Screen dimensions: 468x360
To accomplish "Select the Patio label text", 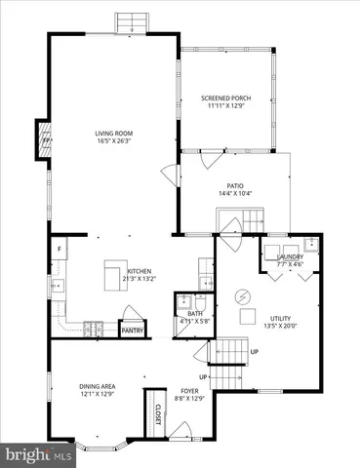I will (234, 186).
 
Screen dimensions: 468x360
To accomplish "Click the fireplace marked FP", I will (43, 138).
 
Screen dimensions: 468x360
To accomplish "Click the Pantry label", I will (132, 331).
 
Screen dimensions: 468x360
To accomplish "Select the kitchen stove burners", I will (94, 326).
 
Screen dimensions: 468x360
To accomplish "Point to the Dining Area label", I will (100, 387).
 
